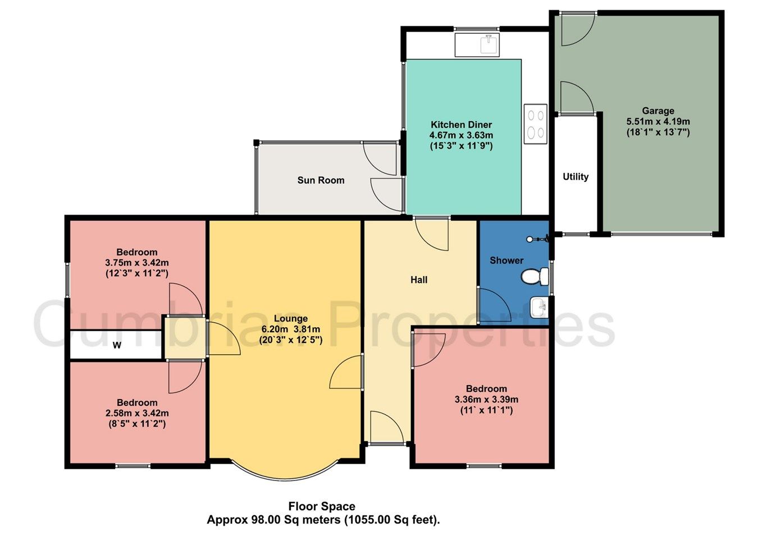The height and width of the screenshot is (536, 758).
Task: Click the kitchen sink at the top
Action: pos(477,44)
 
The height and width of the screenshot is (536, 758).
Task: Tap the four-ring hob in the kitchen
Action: pos(535,124)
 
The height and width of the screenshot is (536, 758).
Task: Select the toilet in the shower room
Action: pos(535,276)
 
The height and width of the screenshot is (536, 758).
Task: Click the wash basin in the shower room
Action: pos(538,307)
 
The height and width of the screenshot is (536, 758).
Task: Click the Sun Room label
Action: pos(321,180)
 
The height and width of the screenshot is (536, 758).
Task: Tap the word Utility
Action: pos(576,177)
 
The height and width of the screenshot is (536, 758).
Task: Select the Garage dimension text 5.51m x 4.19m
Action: pos(658,122)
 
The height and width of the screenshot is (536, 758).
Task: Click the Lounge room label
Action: pos(290,318)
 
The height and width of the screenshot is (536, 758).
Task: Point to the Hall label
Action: pos(419,280)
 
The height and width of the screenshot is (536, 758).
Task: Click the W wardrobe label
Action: pos(117,345)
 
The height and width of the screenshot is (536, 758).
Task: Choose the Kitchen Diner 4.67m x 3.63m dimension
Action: pos(461,135)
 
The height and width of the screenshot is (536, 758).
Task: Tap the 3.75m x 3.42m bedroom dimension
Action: pos(137,263)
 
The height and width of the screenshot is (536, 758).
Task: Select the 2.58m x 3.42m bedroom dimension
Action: pos(137,413)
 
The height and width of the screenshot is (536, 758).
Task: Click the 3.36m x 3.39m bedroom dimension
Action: pos(486,400)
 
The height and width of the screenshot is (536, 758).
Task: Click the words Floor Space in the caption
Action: pos(322,506)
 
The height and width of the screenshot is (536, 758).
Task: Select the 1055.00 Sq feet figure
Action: pos(393,520)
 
